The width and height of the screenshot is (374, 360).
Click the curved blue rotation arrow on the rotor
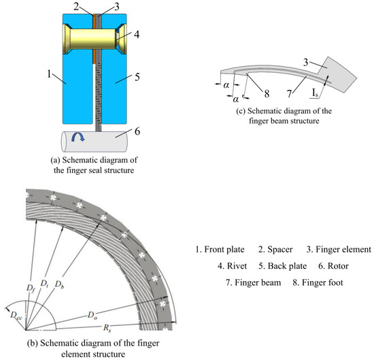pos(78,137)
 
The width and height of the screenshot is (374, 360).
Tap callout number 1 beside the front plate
pos(49,74)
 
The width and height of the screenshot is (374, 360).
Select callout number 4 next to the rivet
pos(137,35)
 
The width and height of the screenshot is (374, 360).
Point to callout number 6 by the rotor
pos(137,131)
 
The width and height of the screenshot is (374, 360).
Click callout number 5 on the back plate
pos(137,77)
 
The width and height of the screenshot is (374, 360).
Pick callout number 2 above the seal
pos(76,6)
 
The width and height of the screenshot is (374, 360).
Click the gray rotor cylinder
pos(95,142)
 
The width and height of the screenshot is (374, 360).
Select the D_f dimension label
pos(31,289)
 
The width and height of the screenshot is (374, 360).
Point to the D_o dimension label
pos(92,315)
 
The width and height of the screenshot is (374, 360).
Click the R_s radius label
pos(107,328)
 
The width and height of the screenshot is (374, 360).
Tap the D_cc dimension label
pos(16,315)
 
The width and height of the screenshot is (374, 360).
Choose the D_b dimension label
pos(59,284)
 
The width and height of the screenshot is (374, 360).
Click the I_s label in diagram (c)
pos(315,93)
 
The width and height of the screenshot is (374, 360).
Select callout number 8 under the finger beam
pos(267,94)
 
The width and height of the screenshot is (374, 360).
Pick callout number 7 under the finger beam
pos(289,94)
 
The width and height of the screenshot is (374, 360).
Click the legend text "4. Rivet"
pos(232,266)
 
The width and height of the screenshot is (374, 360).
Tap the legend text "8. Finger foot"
pos(318,282)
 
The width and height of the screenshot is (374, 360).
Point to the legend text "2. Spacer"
pos(275,250)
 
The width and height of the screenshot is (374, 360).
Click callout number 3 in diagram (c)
pos(305,63)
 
